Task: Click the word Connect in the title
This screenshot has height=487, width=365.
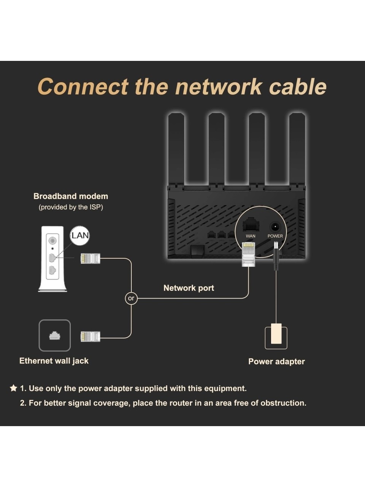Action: pos(83,87)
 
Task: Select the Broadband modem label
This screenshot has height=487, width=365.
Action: pos(71,196)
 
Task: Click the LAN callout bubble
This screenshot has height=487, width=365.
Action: pos(80,235)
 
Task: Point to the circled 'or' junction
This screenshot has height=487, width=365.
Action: pos(131,298)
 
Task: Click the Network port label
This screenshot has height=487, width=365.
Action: pos(189,288)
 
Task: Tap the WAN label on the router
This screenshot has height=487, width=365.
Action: pos(251,236)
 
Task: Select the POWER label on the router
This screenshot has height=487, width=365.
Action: pos(275,236)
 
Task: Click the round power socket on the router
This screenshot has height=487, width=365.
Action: pos(275,227)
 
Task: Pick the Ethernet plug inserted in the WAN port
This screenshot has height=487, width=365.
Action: pos(248,254)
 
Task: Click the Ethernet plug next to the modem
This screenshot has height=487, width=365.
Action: pos(90,259)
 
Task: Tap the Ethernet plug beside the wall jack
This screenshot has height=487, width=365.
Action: pos(90,336)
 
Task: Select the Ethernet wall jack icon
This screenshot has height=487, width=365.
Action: pos(55,335)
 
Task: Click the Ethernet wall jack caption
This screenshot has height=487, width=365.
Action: pos(54,361)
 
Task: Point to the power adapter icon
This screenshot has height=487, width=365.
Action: pos(276,336)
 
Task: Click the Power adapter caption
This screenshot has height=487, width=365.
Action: pos(276,361)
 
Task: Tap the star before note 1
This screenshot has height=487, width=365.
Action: pos(14,388)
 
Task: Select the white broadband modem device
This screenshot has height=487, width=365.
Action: pos(52,259)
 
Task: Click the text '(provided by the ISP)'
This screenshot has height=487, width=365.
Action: pos(71,207)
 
